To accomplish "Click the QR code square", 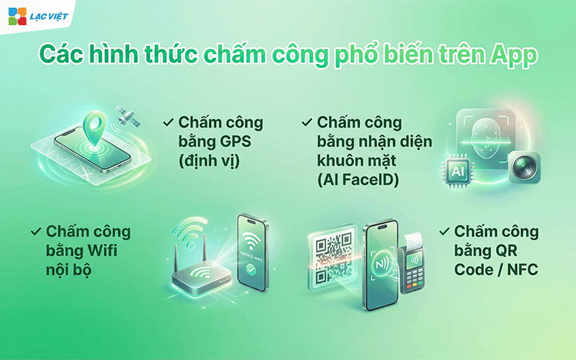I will pyautogui.click(x=330, y=251).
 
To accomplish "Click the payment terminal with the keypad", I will pyautogui.click(x=419, y=274).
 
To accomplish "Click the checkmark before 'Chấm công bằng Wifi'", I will pyautogui.click(x=35, y=231).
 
